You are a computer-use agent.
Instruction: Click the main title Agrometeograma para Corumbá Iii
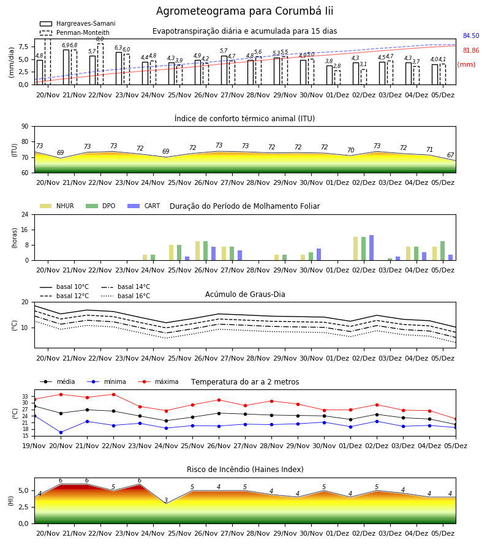click(x=244, y=11)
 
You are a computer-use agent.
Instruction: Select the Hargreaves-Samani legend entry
click(x=77, y=23)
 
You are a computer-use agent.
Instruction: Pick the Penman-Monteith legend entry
click(x=75, y=32)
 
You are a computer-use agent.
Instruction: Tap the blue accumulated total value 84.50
click(x=471, y=36)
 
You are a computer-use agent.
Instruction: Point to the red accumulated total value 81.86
click(x=471, y=51)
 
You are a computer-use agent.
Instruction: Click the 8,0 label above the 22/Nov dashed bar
click(x=100, y=39)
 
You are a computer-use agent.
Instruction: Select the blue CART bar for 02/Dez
click(x=372, y=248)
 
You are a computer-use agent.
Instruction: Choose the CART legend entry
click(x=144, y=206)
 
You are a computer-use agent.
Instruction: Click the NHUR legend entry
click(x=57, y=206)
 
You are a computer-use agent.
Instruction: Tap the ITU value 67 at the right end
click(x=450, y=155)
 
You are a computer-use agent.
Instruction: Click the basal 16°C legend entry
click(x=126, y=296)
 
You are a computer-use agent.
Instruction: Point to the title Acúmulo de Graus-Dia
click(x=245, y=294)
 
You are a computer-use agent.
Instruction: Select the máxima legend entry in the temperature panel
click(x=158, y=381)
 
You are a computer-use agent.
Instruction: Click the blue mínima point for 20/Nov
click(x=61, y=433)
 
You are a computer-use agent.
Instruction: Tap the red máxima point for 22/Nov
click(x=113, y=394)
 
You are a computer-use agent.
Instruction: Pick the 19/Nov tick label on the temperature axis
click(x=34, y=446)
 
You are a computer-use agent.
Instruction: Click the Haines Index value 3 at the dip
click(x=166, y=500)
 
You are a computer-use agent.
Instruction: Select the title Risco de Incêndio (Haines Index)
click(x=245, y=470)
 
